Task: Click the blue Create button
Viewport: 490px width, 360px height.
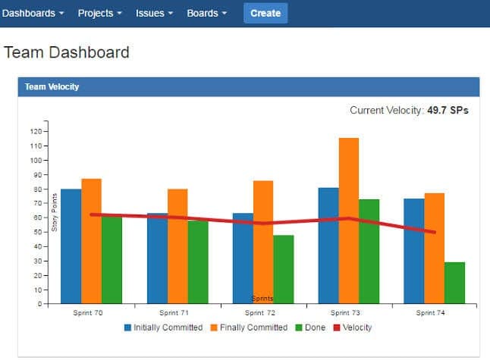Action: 265,13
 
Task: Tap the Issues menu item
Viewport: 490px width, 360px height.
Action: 154,13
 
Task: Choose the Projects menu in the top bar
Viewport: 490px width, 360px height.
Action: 99,13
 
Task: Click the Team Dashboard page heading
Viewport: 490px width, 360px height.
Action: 67,52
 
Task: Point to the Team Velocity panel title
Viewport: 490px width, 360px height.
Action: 52,87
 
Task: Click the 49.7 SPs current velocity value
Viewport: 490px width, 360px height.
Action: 448,111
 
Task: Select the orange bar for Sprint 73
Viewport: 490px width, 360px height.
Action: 349,220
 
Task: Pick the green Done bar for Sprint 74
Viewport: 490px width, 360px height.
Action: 455,283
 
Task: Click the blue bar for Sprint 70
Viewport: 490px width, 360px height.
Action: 71,246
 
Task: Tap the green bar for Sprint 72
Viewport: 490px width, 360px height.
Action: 284,269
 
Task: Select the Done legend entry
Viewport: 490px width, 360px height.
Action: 313,327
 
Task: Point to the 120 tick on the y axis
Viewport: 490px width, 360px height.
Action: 36,131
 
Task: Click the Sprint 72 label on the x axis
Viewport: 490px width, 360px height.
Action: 261,312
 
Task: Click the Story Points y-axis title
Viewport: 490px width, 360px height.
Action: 55,212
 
